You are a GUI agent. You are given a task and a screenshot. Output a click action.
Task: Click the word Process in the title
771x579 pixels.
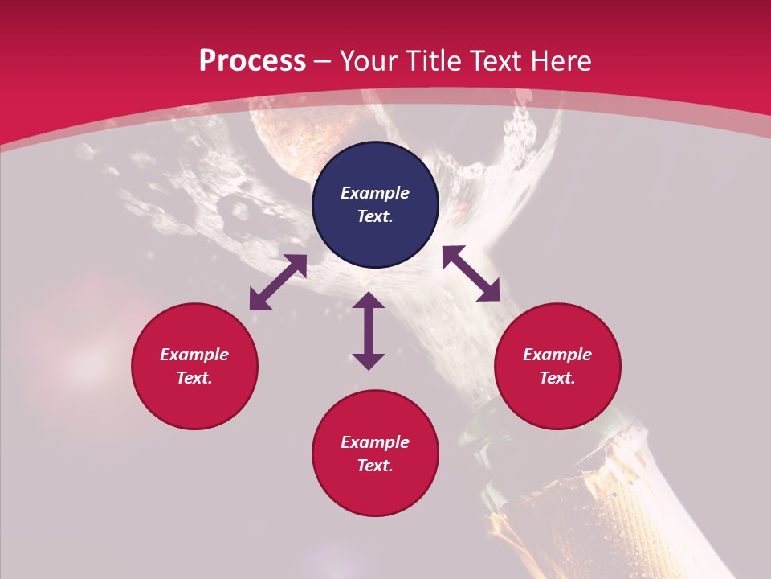(x=252, y=61)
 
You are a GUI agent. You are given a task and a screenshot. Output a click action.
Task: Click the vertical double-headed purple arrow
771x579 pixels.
(x=369, y=331)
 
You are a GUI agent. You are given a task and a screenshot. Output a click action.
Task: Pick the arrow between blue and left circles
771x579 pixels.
(x=278, y=282)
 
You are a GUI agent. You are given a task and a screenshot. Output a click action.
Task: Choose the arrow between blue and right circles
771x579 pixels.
(x=471, y=273)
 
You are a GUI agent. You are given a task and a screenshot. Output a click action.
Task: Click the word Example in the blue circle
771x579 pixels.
(x=375, y=193)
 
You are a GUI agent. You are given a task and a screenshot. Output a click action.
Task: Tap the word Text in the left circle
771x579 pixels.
(x=194, y=378)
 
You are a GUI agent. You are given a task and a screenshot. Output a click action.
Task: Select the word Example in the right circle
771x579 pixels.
(x=557, y=355)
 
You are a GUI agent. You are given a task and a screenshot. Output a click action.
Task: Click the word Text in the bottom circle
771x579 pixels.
(x=375, y=466)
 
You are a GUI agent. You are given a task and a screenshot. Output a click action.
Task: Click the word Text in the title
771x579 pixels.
(x=491, y=61)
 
